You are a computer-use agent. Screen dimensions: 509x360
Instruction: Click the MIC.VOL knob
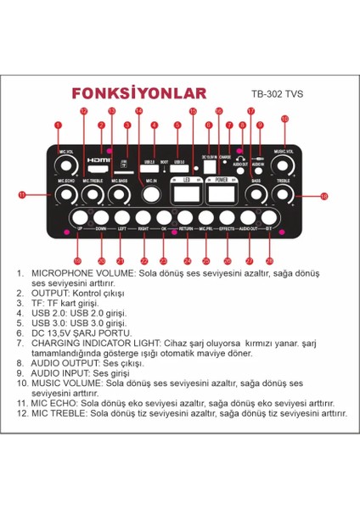click(x=64, y=163)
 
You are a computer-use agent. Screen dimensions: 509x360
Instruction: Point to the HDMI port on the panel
click(x=99, y=159)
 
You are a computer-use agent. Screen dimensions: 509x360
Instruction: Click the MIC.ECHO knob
click(x=64, y=195)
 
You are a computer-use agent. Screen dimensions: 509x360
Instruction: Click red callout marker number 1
click(x=58, y=126)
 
